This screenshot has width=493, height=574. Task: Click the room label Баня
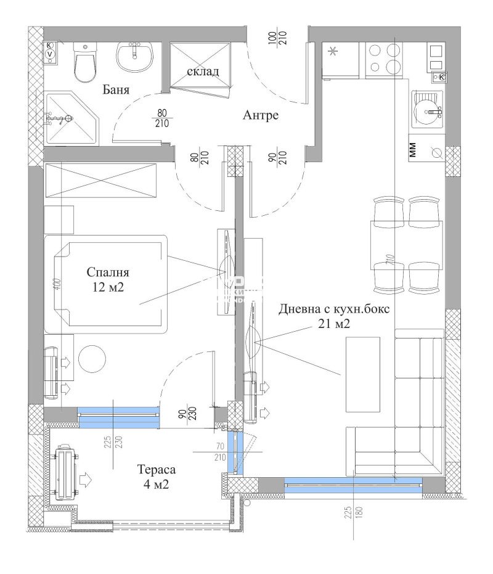(x=115, y=90)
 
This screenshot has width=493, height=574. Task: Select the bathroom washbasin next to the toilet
(x=134, y=56)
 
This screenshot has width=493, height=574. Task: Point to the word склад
(x=203, y=72)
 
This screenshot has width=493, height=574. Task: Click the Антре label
(x=261, y=115)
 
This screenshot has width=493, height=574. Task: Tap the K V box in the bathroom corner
(x=51, y=50)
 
